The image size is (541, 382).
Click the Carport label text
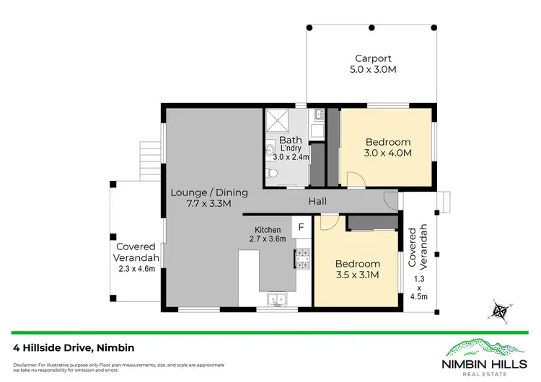(372, 59)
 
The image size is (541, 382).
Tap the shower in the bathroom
(276, 120)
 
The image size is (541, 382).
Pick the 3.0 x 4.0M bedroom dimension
(387, 153)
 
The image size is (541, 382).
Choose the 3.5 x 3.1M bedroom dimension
(357, 275)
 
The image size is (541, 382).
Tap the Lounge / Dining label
(209, 192)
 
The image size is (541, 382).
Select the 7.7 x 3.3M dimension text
(209, 204)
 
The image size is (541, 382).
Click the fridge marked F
(302, 227)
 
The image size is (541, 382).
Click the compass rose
(498, 311)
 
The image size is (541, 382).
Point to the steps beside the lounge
(149, 153)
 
